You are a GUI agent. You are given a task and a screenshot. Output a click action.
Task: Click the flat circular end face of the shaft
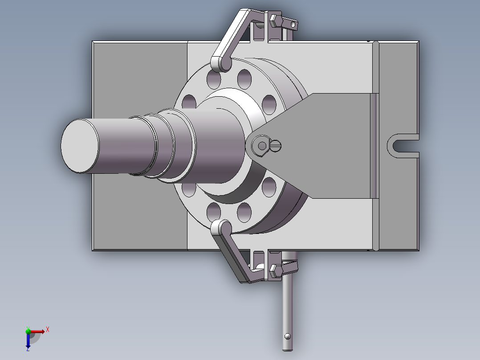[x=80, y=146]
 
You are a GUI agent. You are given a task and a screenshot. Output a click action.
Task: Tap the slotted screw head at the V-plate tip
[x=276, y=145]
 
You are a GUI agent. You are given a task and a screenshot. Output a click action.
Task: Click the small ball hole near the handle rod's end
[x=288, y=336]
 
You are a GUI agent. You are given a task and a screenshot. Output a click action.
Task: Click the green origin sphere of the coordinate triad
[x=28, y=331]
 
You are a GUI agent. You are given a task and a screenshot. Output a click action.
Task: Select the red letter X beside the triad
[x=47, y=329]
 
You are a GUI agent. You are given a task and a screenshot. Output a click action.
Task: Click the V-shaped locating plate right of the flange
[x=329, y=146]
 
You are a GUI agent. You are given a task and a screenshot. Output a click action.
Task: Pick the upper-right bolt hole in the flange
[x=269, y=104]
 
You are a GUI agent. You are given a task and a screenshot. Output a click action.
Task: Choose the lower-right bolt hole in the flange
[x=269, y=187]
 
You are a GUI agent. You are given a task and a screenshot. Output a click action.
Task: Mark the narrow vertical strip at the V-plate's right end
[x=374, y=146]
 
